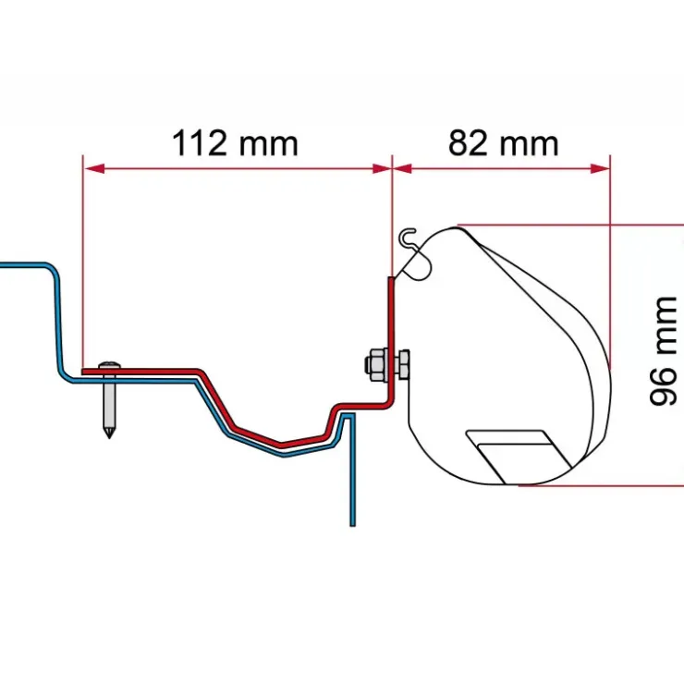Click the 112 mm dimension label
pyautogui.click(x=235, y=143)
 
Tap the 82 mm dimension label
pyautogui.click(x=504, y=143)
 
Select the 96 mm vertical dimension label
pyautogui.click(x=663, y=351)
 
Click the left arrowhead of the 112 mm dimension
pyautogui.click(x=94, y=168)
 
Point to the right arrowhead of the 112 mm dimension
pyautogui.click(x=382, y=168)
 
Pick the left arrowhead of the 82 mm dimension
pyautogui.click(x=402, y=168)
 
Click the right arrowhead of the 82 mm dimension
pyautogui.click(x=600, y=168)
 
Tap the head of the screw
pyautogui.click(x=109, y=365)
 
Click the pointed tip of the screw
pyautogui.click(x=109, y=436)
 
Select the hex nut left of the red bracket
pyautogui.click(x=376, y=365)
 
